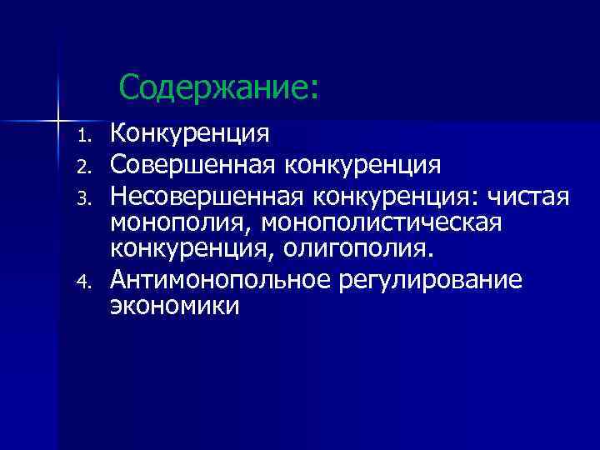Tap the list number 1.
click(x=82, y=134)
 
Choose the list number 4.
click(x=82, y=281)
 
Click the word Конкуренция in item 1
click(x=190, y=132)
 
